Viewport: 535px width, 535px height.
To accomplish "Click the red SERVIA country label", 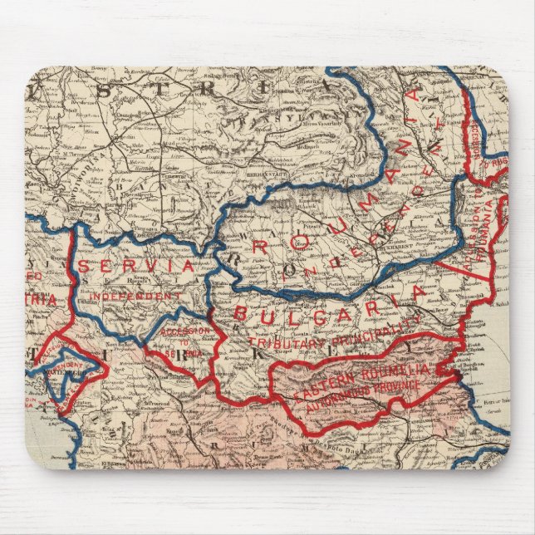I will click(x=136, y=267).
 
